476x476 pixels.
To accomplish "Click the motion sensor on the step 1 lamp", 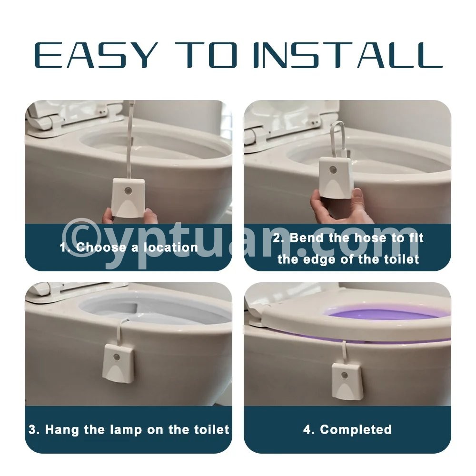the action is [x=128, y=191].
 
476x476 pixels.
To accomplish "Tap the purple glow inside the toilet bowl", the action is [x=386, y=316].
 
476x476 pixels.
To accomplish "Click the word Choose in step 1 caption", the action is [x=101, y=248].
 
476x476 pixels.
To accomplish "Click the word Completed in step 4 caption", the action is [x=356, y=429].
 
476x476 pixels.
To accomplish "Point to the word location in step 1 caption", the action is [x=170, y=248].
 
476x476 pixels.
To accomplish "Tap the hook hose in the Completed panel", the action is [x=344, y=352].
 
